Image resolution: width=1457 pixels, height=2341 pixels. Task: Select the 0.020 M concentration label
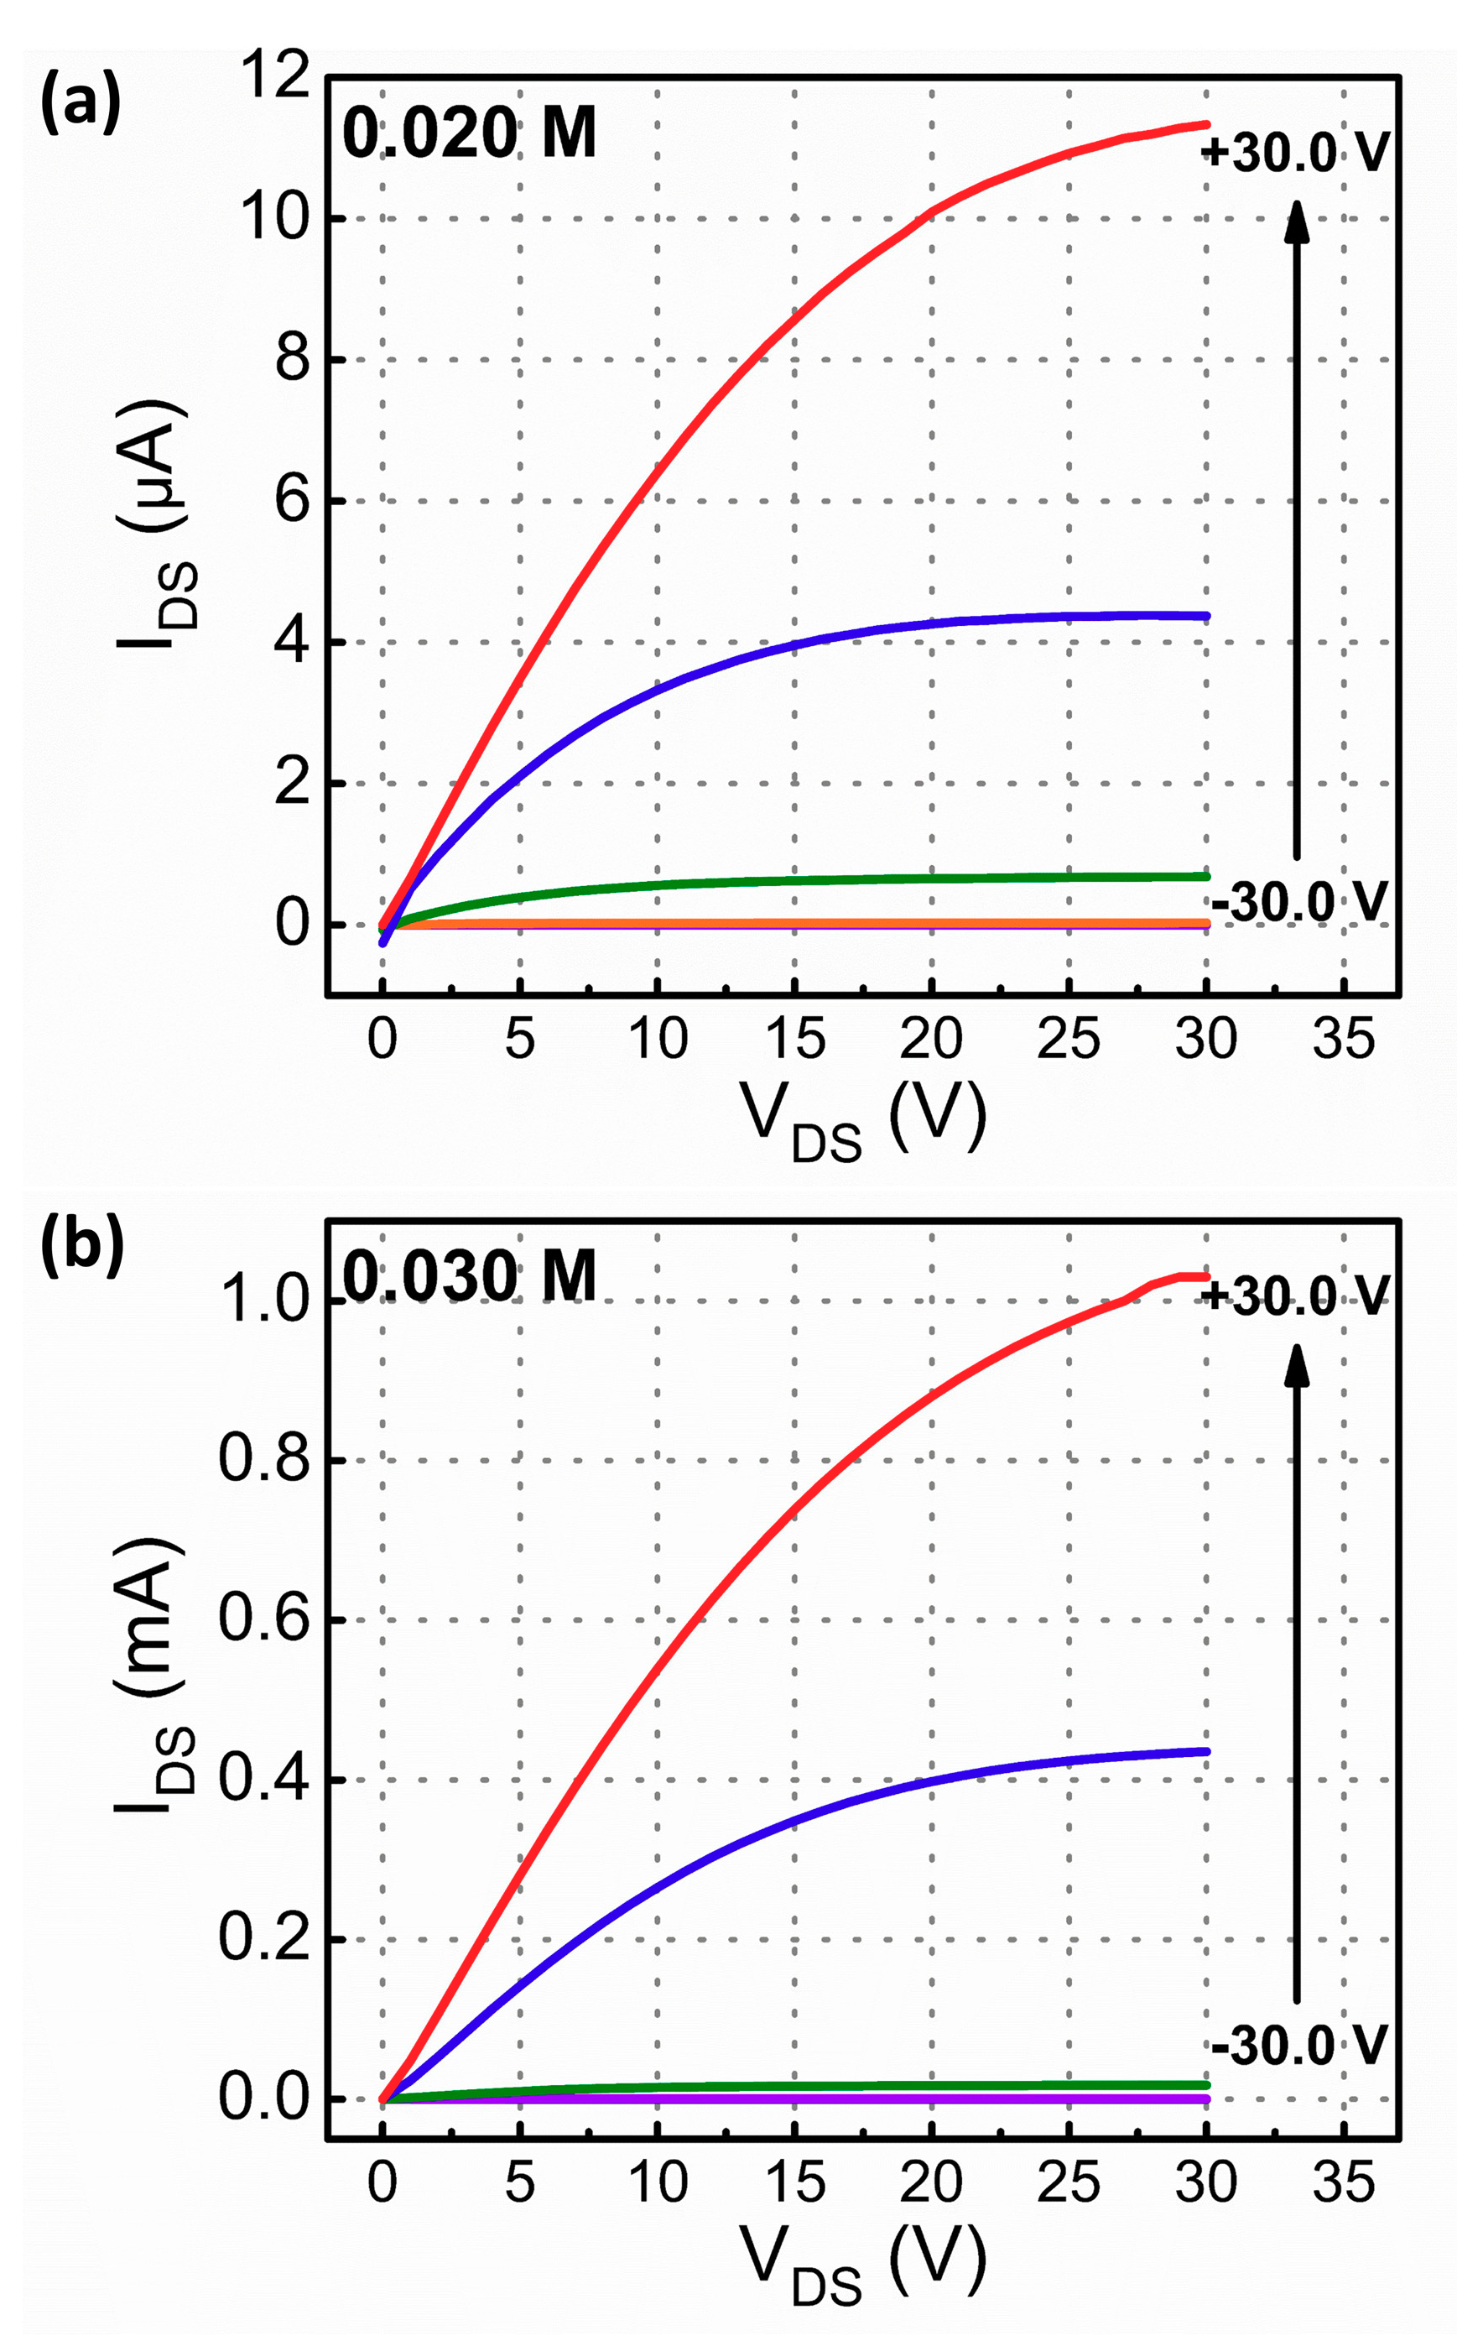469,134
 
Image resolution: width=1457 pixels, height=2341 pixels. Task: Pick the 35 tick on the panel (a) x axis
1343,1039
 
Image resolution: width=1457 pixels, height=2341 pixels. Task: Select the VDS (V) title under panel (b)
862,2264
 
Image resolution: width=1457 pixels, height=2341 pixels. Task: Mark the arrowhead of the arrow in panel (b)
1297,1363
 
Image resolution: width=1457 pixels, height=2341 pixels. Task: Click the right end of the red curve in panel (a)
1205,124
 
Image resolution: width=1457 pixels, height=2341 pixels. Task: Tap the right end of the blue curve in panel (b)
1205,1751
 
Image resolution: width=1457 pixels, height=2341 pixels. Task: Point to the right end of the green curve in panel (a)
1205,876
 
